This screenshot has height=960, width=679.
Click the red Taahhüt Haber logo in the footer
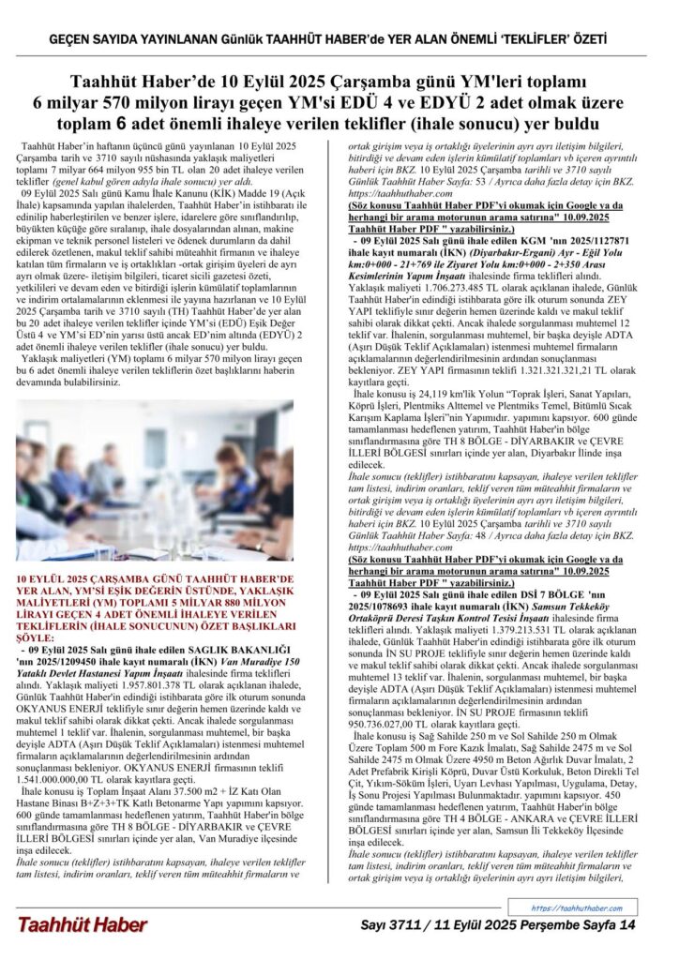point(82,925)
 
